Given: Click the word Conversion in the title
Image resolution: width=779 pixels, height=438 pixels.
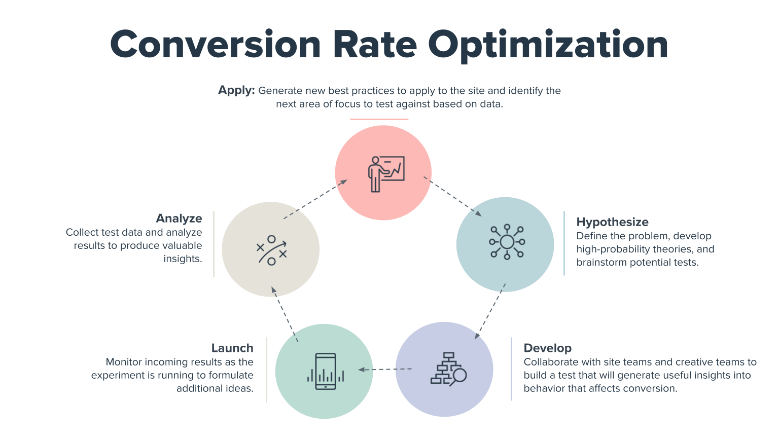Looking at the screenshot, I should point(215,45).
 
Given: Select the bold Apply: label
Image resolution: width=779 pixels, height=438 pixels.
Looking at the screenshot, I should point(236,90).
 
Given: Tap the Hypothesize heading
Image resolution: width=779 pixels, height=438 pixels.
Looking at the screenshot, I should point(612,222).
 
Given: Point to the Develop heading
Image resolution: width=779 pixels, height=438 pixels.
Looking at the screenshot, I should point(547,348).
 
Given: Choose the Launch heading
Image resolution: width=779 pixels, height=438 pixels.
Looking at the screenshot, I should point(232,348).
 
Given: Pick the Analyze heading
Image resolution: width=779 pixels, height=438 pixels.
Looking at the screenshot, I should point(179,218).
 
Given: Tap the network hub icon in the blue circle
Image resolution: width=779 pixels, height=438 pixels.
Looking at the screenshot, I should point(507,242).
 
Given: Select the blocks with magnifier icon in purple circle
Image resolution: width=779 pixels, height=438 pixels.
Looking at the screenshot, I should point(448,369).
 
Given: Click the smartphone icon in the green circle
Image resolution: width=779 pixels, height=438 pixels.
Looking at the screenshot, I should point(326,372).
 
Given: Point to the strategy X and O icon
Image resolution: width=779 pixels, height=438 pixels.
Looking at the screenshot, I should point(271,250).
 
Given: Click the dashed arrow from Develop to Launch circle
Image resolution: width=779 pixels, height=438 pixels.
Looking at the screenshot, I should point(385,369).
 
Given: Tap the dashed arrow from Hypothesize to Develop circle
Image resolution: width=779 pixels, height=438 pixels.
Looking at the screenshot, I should point(490,311).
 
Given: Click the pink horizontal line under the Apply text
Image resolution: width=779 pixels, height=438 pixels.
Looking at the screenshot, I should point(379,120).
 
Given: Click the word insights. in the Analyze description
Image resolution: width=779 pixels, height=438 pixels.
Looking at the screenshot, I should point(183,259).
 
